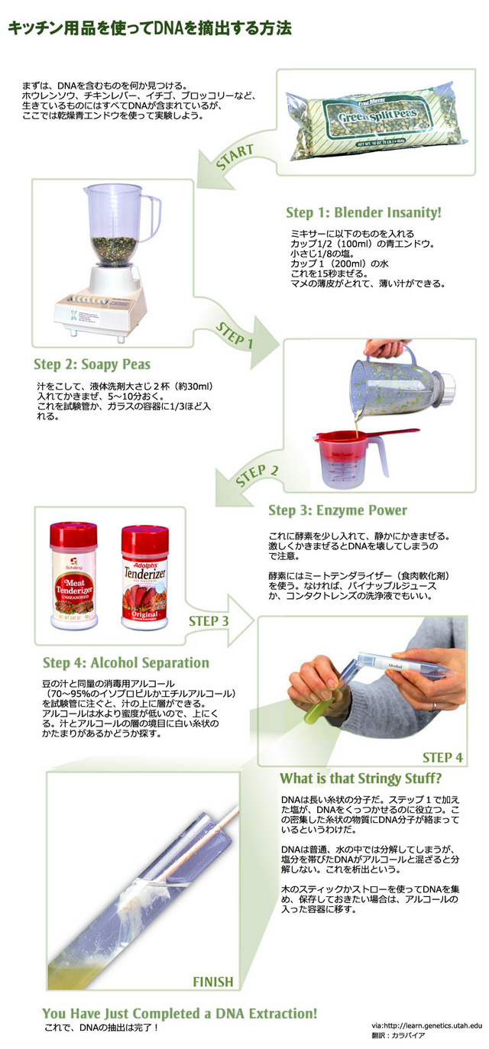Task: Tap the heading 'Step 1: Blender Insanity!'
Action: click(x=364, y=212)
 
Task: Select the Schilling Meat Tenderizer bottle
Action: click(x=74, y=575)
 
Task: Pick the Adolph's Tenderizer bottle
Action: click(x=144, y=578)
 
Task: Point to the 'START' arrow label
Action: click(x=235, y=157)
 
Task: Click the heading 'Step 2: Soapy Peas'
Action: click(x=92, y=364)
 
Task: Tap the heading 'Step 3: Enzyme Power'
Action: click(x=337, y=510)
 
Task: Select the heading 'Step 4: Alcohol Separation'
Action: click(x=126, y=662)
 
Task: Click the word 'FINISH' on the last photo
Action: click(x=213, y=982)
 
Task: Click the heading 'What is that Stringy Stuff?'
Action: click(x=361, y=779)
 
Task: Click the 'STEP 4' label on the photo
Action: click(x=442, y=758)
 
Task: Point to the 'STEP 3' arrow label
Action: click(x=209, y=621)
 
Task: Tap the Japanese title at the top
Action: click(x=150, y=28)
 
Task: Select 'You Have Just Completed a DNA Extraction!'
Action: click(x=180, y=1013)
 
